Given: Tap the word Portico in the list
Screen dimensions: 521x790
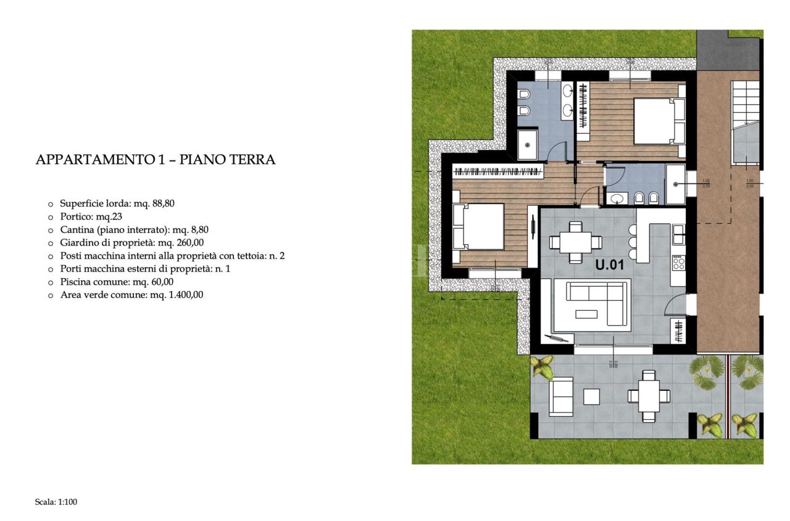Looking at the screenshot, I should [75, 216].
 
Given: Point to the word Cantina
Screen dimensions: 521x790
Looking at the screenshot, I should [77, 229].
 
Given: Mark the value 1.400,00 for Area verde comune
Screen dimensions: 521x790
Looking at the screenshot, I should [183, 295].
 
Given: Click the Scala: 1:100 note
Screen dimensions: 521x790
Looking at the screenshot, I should [56, 502].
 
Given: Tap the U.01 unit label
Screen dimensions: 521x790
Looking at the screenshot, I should [610, 266].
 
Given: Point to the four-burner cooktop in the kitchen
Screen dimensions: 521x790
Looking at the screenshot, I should [678, 263].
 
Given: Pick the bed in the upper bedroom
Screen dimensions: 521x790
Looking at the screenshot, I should [658, 121].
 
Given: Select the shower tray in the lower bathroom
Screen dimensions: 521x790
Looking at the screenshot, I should [675, 184].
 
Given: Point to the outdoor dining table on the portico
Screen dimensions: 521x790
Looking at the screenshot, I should [648, 396].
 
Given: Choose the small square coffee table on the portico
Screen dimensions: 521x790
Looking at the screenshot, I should [591, 396].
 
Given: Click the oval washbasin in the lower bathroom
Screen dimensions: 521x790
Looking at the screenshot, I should [616, 199].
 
